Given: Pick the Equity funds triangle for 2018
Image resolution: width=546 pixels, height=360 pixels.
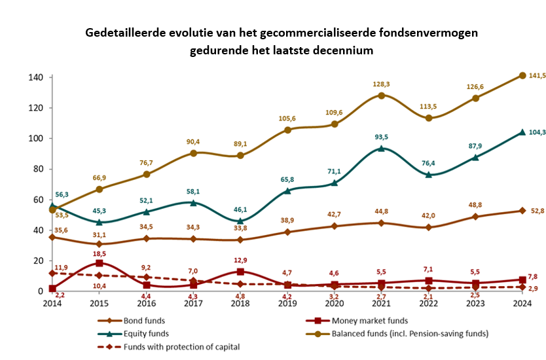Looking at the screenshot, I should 241,221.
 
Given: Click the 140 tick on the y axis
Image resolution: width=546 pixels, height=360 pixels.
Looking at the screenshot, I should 36,77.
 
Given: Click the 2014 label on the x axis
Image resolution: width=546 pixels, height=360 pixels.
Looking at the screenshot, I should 52,304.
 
